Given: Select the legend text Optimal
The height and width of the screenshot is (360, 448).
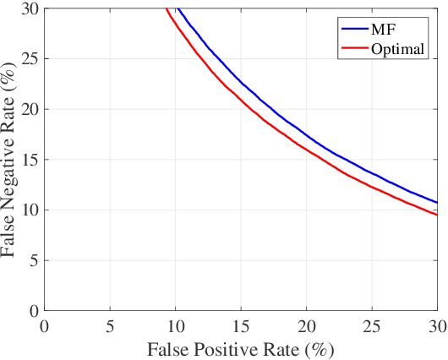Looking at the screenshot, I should [396, 49].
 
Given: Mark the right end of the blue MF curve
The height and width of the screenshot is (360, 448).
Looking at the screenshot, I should [437, 203].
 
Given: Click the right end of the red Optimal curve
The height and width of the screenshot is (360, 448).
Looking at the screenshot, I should [437, 215].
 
